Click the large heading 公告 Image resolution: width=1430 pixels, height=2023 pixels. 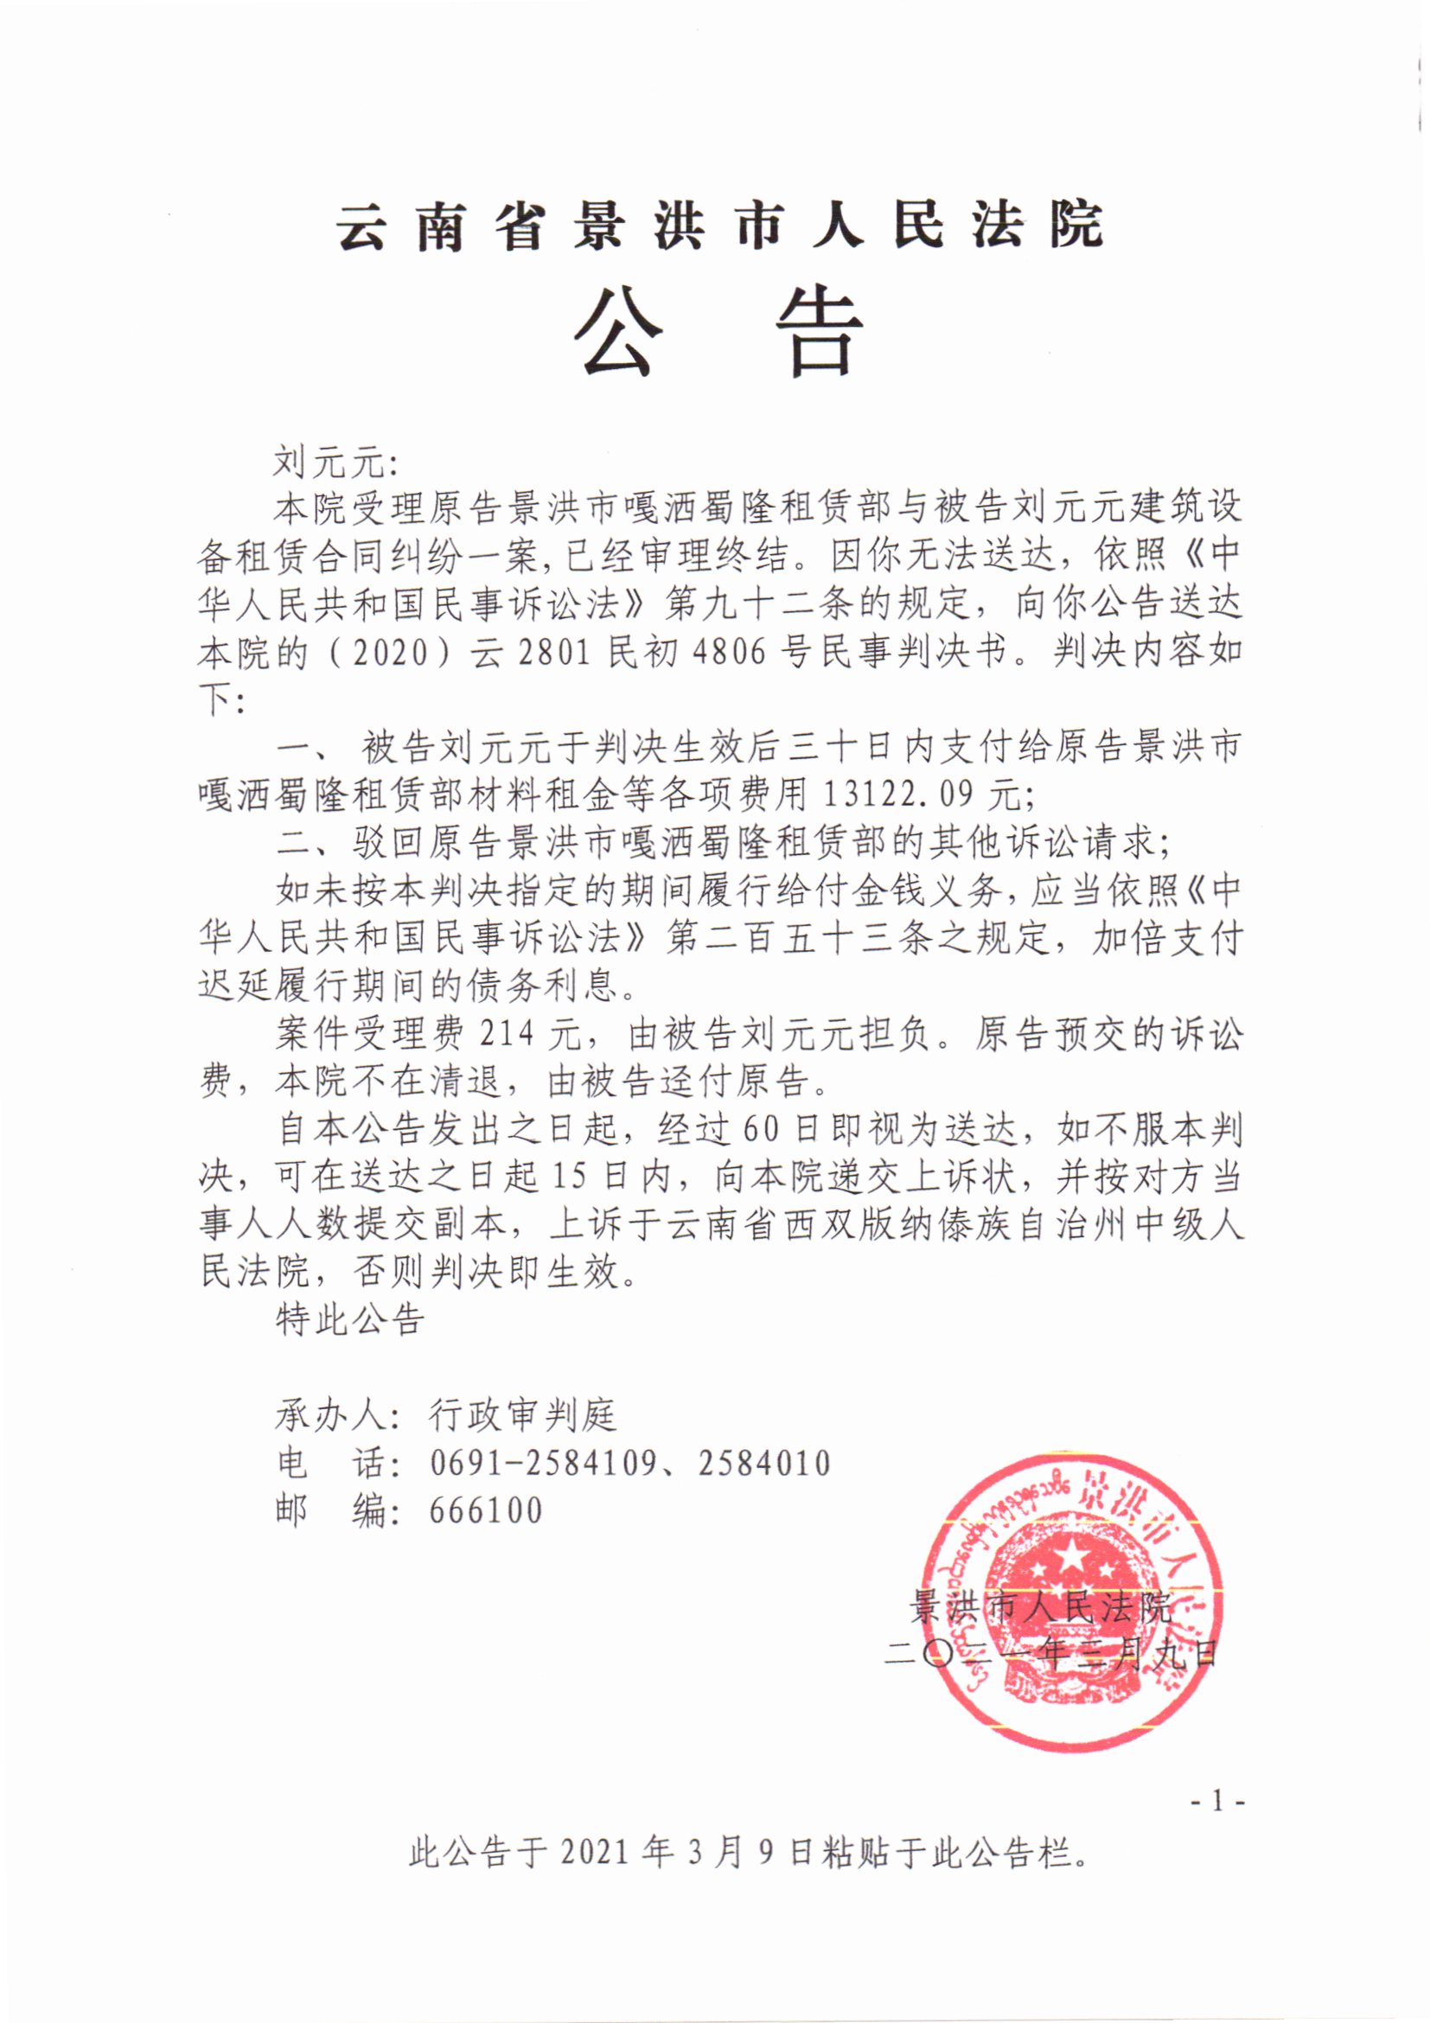point(718,334)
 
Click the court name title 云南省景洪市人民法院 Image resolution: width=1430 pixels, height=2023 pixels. point(718,227)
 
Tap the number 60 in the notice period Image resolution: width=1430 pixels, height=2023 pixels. point(763,1130)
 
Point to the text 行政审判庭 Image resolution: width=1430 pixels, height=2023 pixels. point(523,1416)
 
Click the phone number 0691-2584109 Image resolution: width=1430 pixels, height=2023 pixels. point(543,1464)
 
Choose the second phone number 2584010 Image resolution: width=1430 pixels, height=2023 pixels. point(764,1464)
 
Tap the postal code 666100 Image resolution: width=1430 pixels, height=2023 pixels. point(486,1511)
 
